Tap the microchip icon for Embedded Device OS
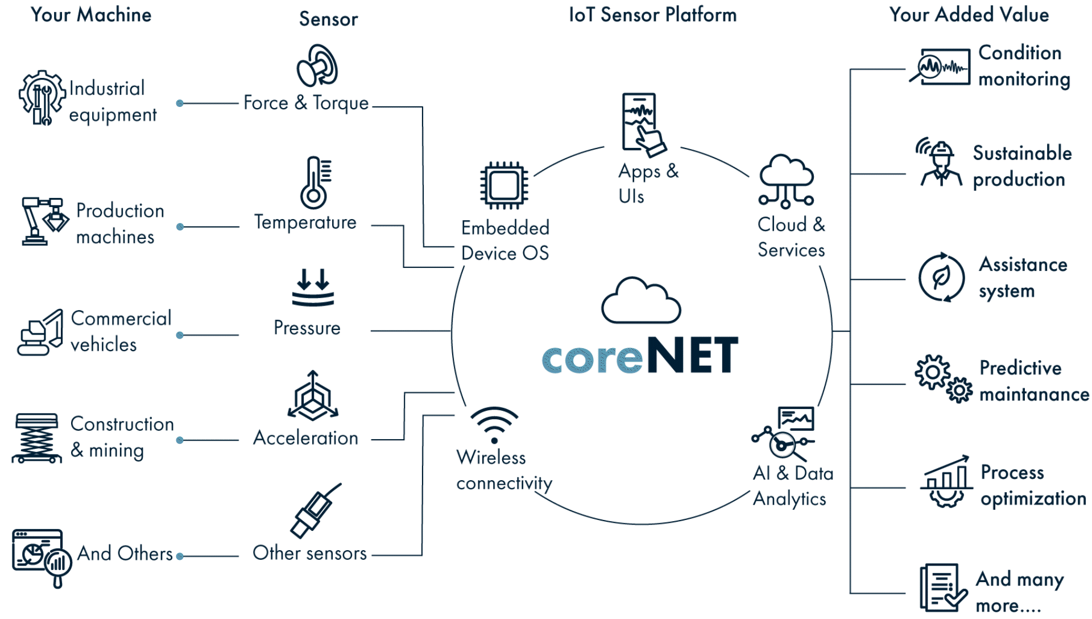point(504,185)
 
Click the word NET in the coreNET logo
point(692,355)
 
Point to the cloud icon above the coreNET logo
point(641,302)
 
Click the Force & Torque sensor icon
point(317,66)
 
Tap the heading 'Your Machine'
point(91,15)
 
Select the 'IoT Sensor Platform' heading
point(652,15)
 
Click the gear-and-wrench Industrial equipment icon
point(42,98)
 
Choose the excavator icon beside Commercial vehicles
point(40,333)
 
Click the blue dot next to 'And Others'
point(180,556)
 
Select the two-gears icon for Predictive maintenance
point(944,379)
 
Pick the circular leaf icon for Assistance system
point(942,278)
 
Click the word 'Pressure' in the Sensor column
point(307,328)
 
